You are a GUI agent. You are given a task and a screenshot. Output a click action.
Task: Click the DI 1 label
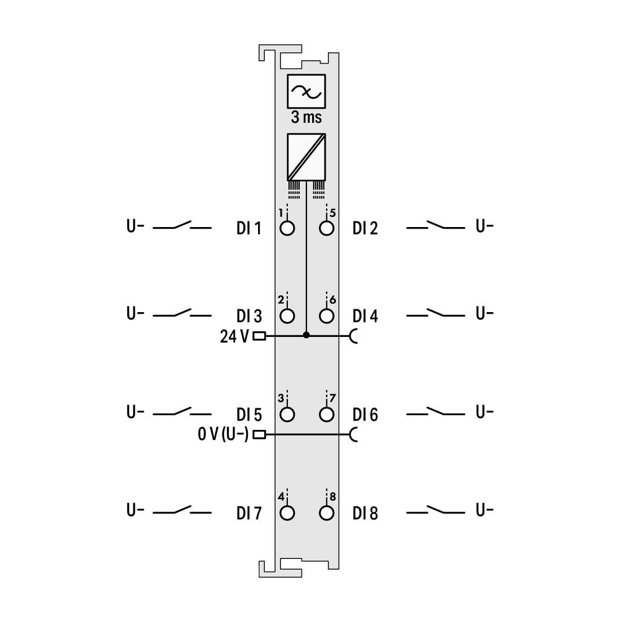248,228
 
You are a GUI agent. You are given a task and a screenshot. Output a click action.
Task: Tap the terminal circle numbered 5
326,228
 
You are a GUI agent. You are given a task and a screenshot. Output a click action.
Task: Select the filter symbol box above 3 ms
306,91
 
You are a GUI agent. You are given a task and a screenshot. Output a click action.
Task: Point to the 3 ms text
306,117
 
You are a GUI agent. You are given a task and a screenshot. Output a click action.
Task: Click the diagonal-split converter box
306,157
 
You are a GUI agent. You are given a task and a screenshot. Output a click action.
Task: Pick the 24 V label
234,336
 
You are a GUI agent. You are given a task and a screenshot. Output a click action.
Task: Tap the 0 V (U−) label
223,434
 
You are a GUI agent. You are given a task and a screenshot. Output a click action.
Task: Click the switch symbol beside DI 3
182,313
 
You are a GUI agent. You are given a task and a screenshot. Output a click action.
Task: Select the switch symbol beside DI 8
436,510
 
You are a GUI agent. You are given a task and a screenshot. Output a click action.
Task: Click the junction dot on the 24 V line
306,335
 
